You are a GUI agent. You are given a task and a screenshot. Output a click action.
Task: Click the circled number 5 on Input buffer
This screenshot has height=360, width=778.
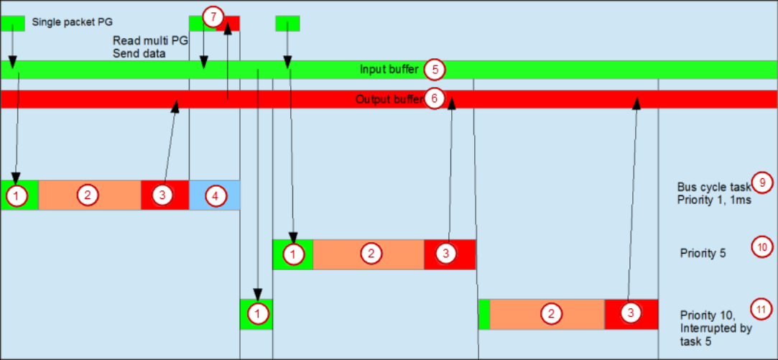click(435, 70)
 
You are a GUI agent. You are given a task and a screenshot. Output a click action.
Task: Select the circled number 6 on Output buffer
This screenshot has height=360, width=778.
click(434, 98)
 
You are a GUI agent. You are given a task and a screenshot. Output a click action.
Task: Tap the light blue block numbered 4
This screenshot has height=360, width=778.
click(215, 195)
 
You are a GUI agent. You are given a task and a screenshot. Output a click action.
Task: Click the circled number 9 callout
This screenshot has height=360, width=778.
click(761, 182)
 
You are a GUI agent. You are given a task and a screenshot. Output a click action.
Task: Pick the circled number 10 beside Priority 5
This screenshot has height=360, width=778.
click(761, 246)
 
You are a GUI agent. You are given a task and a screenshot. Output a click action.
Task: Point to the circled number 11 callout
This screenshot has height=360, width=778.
click(761, 309)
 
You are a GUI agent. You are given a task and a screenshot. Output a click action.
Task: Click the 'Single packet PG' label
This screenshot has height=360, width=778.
click(73, 23)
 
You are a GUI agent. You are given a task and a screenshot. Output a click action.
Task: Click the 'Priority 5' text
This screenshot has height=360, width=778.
click(703, 253)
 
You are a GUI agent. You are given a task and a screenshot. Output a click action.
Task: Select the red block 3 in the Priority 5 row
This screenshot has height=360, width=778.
click(450, 254)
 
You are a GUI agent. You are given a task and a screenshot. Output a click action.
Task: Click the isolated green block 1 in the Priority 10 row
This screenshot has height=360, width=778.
click(256, 314)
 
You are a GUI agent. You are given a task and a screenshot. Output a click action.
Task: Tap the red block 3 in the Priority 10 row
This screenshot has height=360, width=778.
click(631, 314)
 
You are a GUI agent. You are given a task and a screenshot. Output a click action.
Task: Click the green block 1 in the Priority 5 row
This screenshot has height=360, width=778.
click(293, 254)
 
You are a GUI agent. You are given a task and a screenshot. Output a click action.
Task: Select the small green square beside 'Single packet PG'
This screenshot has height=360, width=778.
click(13, 23)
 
